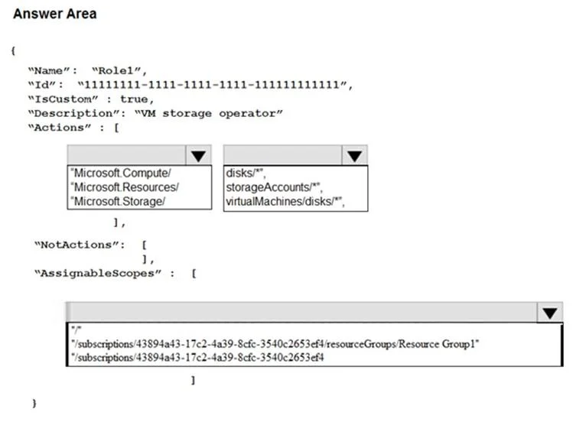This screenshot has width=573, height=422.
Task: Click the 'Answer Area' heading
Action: click(x=55, y=14)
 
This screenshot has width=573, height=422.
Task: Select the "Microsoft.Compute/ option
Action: click(x=121, y=173)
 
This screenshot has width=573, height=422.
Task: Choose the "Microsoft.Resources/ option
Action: click(x=125, y=187)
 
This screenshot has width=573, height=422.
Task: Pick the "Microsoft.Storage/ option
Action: click(x=118, y=202)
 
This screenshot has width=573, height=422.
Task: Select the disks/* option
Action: click(x=246, y=173)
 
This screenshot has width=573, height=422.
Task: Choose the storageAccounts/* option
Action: click(x=274, y=187)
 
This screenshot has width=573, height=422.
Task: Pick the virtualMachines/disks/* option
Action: click(x=285, y=202)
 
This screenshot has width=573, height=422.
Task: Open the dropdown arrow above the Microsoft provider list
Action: click(x=198, y=155)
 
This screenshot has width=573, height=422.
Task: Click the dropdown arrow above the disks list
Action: click(x=354, y=155)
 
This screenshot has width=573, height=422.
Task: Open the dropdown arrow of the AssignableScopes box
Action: click(x=549, y=313)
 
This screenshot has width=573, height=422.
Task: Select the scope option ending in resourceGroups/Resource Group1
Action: click(x=275, y=344)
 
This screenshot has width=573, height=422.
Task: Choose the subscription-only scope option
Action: click(x=197, y=357)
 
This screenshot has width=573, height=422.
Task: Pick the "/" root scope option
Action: click(x=77, y=330)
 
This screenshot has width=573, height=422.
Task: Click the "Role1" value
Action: click(x=119, y=70)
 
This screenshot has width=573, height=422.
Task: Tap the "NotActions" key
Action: click(x=80, y=245)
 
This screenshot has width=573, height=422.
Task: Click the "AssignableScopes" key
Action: click(x=98, y=274)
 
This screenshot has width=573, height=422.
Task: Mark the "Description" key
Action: click(x=77, y=114)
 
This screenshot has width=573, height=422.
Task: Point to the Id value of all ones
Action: click(x=215, y=85)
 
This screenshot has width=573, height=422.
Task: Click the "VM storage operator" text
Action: click(x=209, y=114)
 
